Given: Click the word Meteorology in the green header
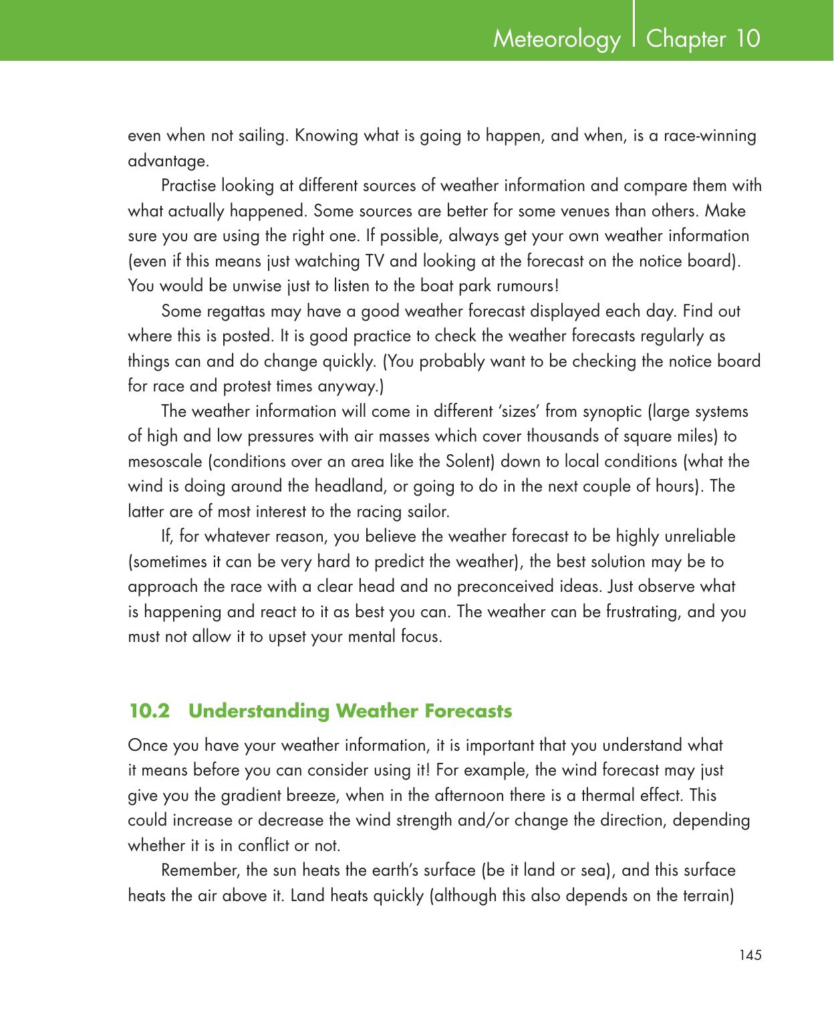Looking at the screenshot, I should [x=556, y=40].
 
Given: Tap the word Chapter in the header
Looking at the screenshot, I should [x=686, y=39].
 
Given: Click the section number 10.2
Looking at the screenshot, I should [x=150, y=711].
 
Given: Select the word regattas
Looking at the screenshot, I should [x=225, y=312].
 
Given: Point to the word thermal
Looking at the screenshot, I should [x=630, y=796].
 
